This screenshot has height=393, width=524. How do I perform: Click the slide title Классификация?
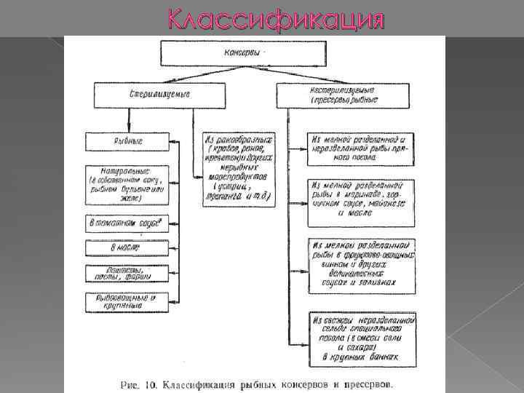pos(275,18)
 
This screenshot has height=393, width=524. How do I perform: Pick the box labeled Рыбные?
pos(127,141)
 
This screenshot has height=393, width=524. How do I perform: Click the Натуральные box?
pos(127,186)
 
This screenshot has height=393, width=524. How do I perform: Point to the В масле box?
pos(127,249)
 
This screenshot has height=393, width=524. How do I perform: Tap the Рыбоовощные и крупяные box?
pos(127,301)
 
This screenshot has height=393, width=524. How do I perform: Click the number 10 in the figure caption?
pos(151,383)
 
